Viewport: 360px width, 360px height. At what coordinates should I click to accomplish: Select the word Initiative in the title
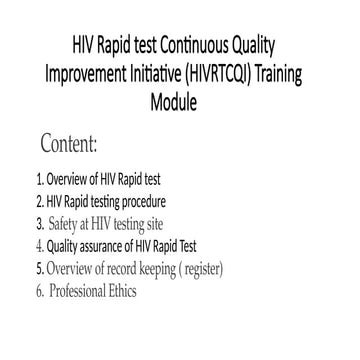170,76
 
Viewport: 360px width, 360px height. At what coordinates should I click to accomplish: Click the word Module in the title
180,103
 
